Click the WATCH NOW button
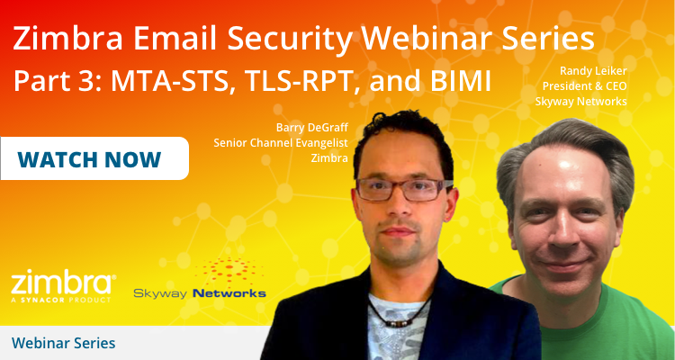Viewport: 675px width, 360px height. pos(89,159)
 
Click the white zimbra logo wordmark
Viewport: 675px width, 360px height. pos(63,281)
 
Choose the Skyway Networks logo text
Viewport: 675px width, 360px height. pos(200,292)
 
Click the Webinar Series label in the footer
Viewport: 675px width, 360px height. pos(63,343)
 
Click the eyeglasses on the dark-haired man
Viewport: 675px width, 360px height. pos(402,190)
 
